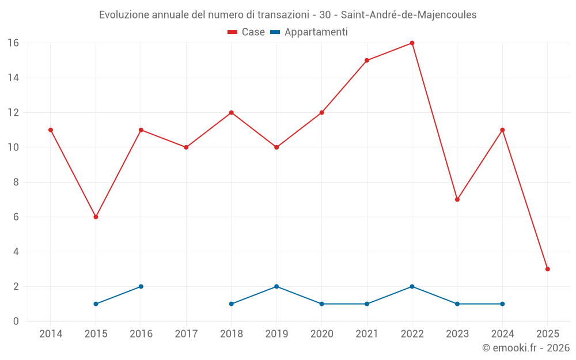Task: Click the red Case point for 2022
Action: (x=412, y=43)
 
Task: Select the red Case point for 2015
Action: (x=96, y=217)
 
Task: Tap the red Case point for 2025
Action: (x=547, y=269)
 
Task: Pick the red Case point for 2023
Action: (x=457, y=199)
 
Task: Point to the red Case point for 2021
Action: (x=367, y=60)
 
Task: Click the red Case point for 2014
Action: (x=51, y=130)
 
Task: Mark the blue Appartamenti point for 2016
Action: (x=141, y=286)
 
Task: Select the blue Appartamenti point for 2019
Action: (x=276, y=286)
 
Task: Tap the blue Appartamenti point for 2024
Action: (x=502, y=304)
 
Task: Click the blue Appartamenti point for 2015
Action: (x=96, y=304)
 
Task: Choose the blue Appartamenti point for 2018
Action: (x=232, y=304)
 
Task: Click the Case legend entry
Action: (x=247, y=32)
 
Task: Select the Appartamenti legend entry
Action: (x=309, y=32)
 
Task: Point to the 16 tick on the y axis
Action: (x=13, y=43)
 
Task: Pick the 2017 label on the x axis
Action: (x=186, y=334)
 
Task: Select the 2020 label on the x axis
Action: (x=321, y=334)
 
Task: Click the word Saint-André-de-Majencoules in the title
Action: (x=408, y=15)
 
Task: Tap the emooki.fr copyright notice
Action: (x=526, y=348)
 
